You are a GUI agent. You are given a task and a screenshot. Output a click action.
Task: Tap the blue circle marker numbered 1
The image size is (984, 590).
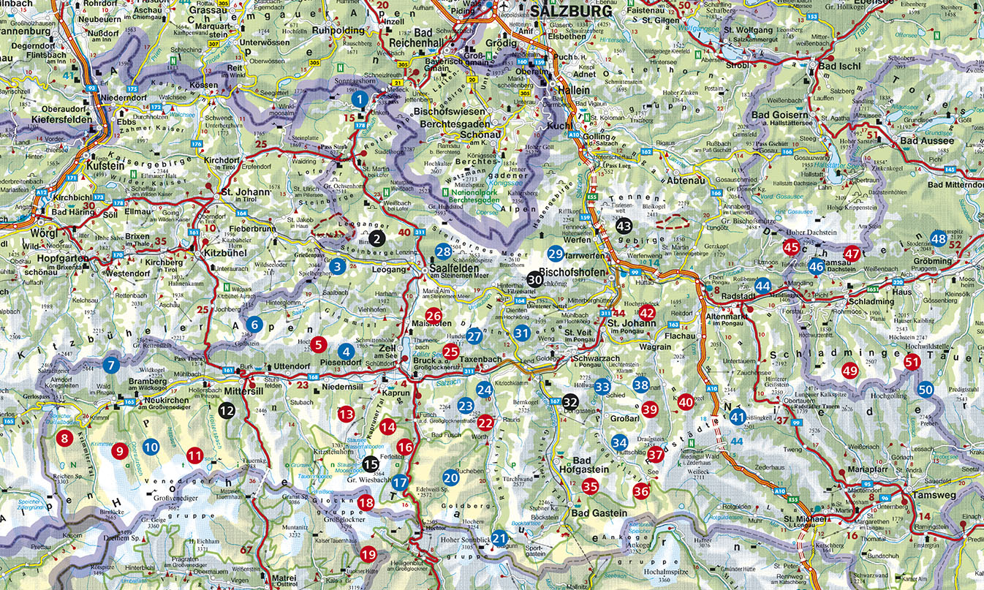(x=359, y=98)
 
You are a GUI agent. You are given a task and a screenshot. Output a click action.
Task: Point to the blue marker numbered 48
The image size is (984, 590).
(x=938, y=238)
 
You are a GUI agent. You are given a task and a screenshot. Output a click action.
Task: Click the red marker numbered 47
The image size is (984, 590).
(x=852, y=254)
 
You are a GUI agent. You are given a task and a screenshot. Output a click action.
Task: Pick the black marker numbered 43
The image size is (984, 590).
(x=623, y=227)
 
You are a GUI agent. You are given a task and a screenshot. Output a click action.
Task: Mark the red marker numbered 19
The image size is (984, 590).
(x=368, y=553)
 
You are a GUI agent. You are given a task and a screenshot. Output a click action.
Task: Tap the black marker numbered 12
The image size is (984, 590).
(x=227, y=411)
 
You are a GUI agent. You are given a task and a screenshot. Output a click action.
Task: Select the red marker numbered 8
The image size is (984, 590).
(x=65, y=439)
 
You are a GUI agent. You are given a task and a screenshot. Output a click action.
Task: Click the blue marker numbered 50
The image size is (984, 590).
(x=926, y=389)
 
